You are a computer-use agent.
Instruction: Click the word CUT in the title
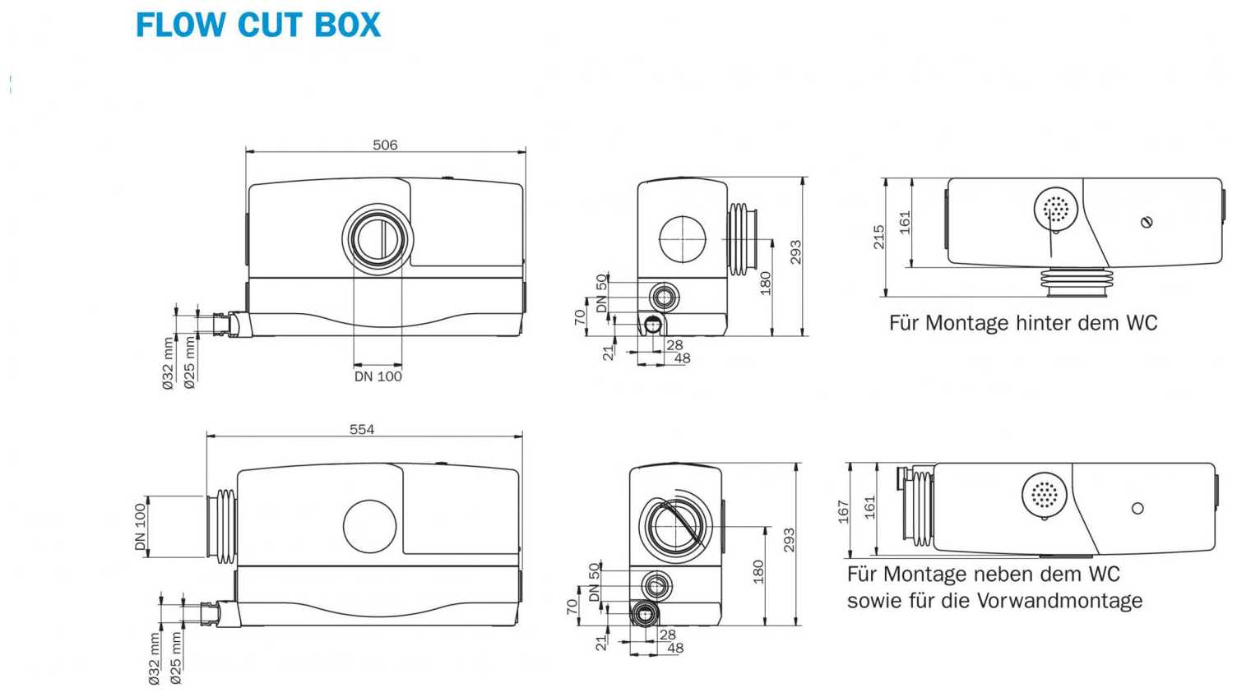[271, 25]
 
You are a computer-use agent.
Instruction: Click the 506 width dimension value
[385, 145]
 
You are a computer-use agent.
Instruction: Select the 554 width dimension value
[362, 429]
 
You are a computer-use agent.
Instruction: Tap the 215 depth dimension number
[878, 237]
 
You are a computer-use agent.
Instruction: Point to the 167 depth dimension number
[843, 510]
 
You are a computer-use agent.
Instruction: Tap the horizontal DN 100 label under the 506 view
[378, 376]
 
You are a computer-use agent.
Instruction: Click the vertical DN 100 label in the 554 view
[140, 527]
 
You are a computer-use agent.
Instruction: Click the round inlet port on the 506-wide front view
[378, 238]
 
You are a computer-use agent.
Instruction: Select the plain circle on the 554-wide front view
[369, 526]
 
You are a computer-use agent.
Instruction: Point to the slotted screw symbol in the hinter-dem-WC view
[1147, 222]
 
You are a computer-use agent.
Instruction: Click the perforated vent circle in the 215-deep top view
[1055, 210]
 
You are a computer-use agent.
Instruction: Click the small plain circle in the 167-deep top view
[1137, 509]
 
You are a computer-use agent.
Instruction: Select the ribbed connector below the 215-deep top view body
[1074, 281]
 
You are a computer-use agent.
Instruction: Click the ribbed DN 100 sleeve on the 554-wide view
[225, 526]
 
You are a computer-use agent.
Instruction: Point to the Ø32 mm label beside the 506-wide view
[168, 362]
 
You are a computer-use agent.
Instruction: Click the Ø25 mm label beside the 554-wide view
[176, 658]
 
